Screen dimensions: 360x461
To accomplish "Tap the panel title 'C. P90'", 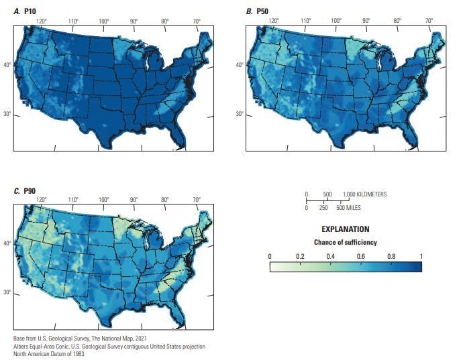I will (25, 192).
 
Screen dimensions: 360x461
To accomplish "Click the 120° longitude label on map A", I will (42, 21).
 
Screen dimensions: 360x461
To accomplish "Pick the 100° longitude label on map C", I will (103, 200).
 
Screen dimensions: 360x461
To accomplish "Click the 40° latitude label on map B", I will (239, 65).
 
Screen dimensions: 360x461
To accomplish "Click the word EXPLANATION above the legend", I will (345, 229).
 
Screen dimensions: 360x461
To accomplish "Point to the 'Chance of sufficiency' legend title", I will (345, 242).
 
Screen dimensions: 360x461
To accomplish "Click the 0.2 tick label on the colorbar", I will (299, 256).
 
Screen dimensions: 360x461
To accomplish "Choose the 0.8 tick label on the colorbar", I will (391, 256).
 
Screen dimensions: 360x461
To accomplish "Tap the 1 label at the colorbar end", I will (421, 256).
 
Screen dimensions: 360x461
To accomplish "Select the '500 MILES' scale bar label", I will (349, 208).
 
